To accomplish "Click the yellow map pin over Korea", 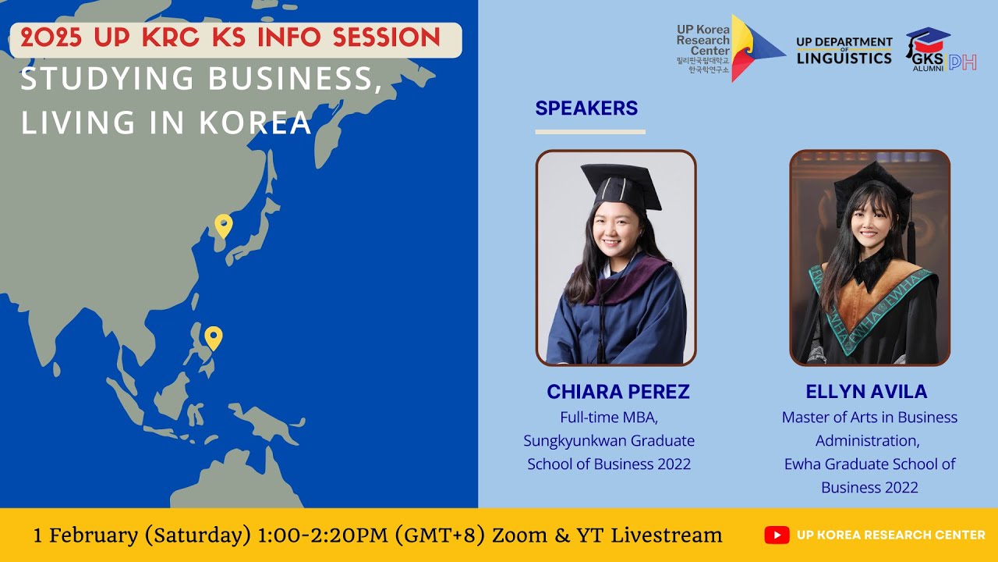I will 224,226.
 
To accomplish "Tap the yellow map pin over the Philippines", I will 213,337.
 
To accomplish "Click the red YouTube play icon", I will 777,535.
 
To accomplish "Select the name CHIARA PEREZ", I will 618,392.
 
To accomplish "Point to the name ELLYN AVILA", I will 866,392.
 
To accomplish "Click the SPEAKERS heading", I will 586,108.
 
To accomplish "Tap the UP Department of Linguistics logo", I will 844,51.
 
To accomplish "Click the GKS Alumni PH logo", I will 940,51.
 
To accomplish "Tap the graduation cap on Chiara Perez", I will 620,186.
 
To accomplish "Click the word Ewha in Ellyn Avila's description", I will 802,464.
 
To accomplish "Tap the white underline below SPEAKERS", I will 590,132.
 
